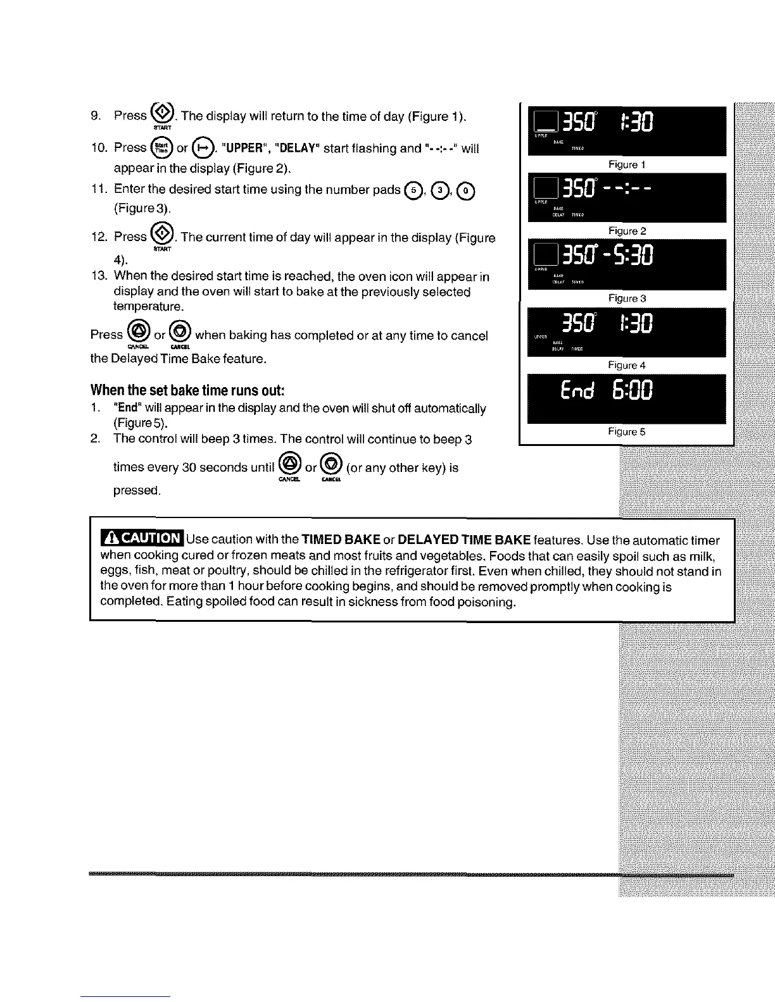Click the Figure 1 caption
(626, 164)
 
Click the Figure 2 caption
(626, 231)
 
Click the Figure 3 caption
(626, 298)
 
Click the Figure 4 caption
(626, 365)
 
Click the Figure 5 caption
(626, 431)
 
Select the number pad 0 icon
(465, 190)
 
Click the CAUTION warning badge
(142, 538)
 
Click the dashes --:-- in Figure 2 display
(621, 189)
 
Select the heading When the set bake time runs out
(187, 388)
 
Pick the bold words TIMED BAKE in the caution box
(341, 540)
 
